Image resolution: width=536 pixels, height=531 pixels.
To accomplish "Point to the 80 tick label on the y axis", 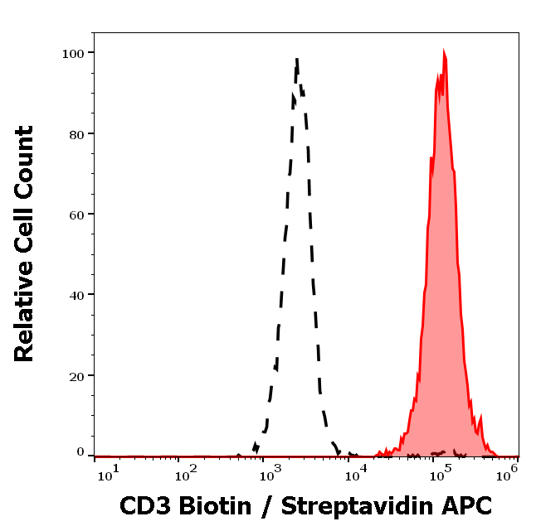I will coord(76,133).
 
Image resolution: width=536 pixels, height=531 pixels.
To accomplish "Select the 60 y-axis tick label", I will coord(76,214).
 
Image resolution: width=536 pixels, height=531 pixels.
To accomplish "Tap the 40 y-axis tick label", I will coord(76,294).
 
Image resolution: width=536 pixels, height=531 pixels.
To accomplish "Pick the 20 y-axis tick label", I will coord(76,375).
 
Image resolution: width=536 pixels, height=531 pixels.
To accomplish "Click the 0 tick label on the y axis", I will coord(80,452).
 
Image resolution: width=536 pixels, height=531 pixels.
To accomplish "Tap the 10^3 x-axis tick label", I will coord(271,473).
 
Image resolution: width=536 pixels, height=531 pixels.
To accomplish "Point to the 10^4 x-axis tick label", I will coord(356,473).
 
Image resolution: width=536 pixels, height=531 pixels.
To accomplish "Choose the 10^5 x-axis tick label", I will coord(441,473).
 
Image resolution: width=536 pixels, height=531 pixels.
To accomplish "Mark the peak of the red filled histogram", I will coord(444,52).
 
